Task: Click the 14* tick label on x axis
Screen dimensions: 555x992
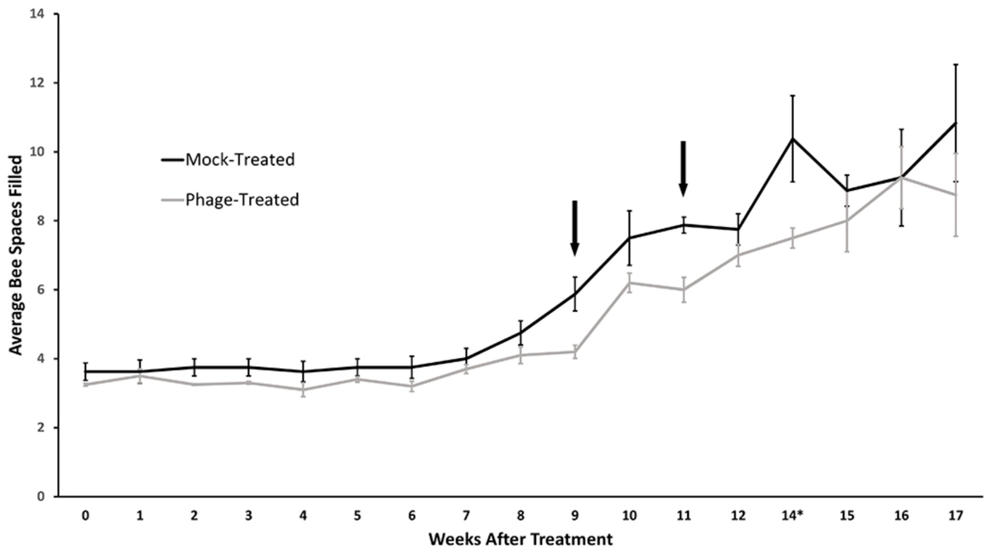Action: point(793,515)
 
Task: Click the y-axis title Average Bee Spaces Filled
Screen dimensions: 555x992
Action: point(16,255)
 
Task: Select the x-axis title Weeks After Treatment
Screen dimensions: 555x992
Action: point(520,539)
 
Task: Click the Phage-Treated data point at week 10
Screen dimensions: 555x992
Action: point(629,283)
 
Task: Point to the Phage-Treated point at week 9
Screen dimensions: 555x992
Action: point(575,352)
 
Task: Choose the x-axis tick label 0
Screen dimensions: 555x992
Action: point(85,515)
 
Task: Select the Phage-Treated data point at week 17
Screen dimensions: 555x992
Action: point(955,195)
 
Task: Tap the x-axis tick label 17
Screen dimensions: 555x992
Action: point(955,515)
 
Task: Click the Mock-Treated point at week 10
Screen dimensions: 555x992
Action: point(629,238)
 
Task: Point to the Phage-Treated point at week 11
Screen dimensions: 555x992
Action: point(683,290)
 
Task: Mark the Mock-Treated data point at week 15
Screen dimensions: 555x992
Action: point(847,190)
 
